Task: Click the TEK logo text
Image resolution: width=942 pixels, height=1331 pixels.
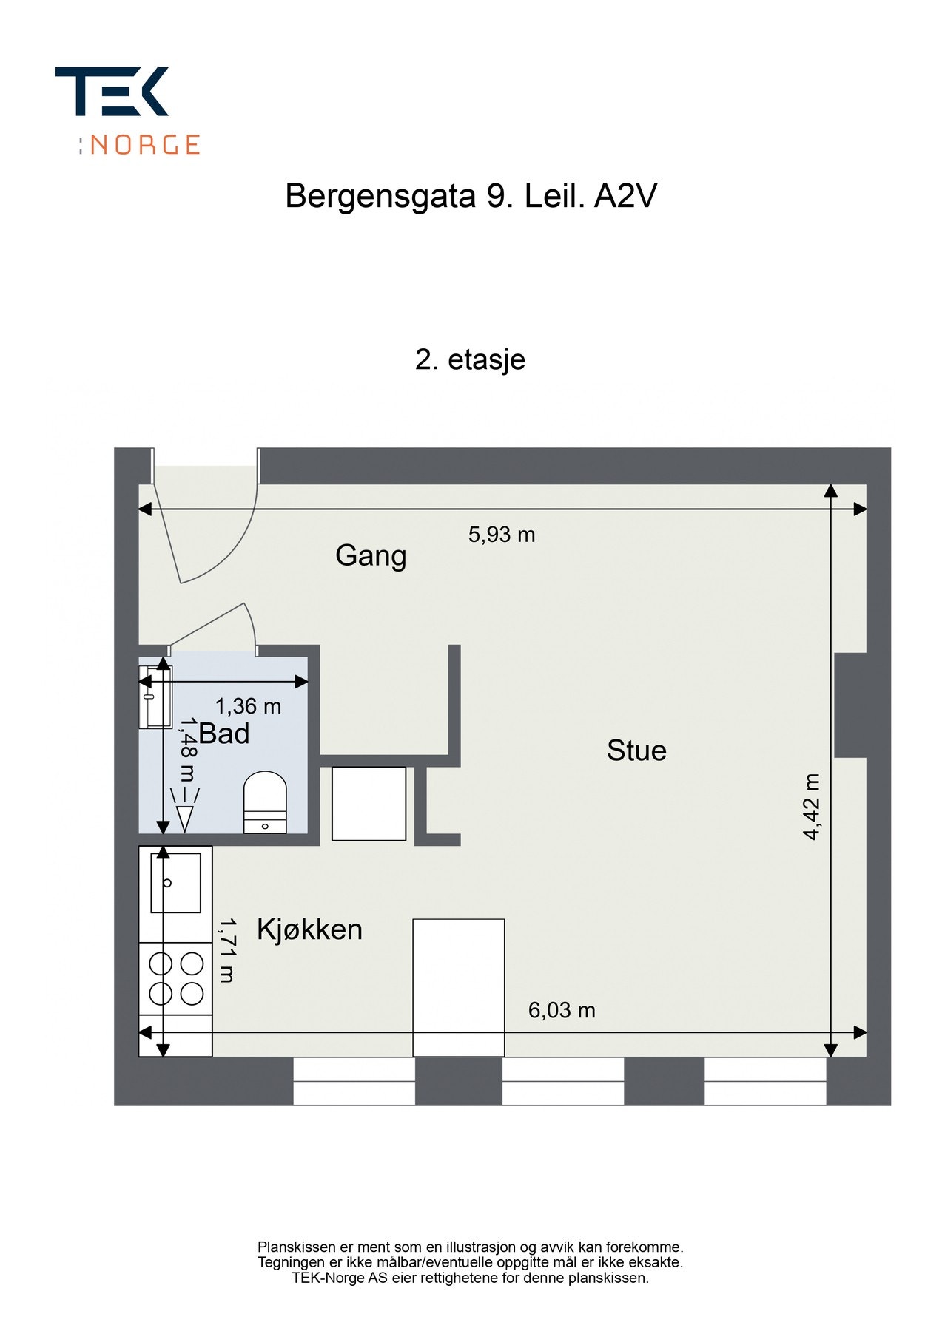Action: pyautogui.click(x=112, y=92)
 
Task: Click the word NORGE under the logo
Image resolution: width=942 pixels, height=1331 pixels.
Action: pyautogui.click(x=145, y=144)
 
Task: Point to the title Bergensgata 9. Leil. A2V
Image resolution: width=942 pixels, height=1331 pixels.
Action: pyautogui.click(x=471, y=197)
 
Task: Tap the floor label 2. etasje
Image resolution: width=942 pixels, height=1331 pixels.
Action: pyautogui.click(x=471, y=359)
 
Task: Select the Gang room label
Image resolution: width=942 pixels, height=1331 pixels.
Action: pyautogui.click(x=371, y=555)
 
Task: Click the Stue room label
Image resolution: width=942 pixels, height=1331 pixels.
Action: pyautogui.click(x=636, y=751)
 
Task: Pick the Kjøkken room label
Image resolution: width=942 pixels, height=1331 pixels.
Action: pyautogui.click(x=309, y=929)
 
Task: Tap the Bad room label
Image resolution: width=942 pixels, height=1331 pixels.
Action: pyautogui.click(x=224, y=734)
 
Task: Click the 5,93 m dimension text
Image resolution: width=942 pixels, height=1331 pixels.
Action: pyautogui.click(x=502, y=535)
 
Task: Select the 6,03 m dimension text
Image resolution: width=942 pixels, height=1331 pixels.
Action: pyautogui.click(x=562, y=1010)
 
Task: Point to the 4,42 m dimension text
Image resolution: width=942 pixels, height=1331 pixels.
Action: pyautogui.click(x=812, y=807)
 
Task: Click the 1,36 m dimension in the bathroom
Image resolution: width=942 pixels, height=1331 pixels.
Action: pyautogui.click(x=248, y=707)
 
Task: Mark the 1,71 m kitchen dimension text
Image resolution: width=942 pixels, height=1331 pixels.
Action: pyautogui.click(x=226, y=950)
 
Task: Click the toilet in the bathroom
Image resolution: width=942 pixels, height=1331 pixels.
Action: pyautogui.click(x=265, y=802)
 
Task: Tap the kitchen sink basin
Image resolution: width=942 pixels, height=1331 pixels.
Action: pyautogui.click(x=176, y=882)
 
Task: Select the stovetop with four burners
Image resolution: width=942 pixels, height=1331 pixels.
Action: pyautogui.click(x=176, y=978)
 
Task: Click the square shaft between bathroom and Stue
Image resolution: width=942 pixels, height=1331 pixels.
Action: pyautogui.click(x=369, y=803)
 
